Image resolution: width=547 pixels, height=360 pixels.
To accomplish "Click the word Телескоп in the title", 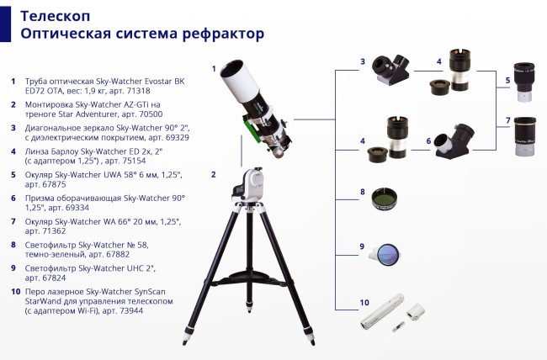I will pyautogui.click(x=56, y=15).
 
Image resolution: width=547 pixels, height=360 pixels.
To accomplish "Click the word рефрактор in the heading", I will pyautogui.click(x=220, y=33).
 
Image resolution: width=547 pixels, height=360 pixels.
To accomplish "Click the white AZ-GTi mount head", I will pyautogui.click(x=249, y=183).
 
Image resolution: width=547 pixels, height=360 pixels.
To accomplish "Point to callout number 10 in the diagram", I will pyautogui.click(x=364, y=301).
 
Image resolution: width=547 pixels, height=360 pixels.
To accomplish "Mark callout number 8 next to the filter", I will pyautogui.click(x=363, y=193).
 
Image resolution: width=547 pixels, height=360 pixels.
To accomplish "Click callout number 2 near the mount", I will pyautogui.click(x=213, y=175).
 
